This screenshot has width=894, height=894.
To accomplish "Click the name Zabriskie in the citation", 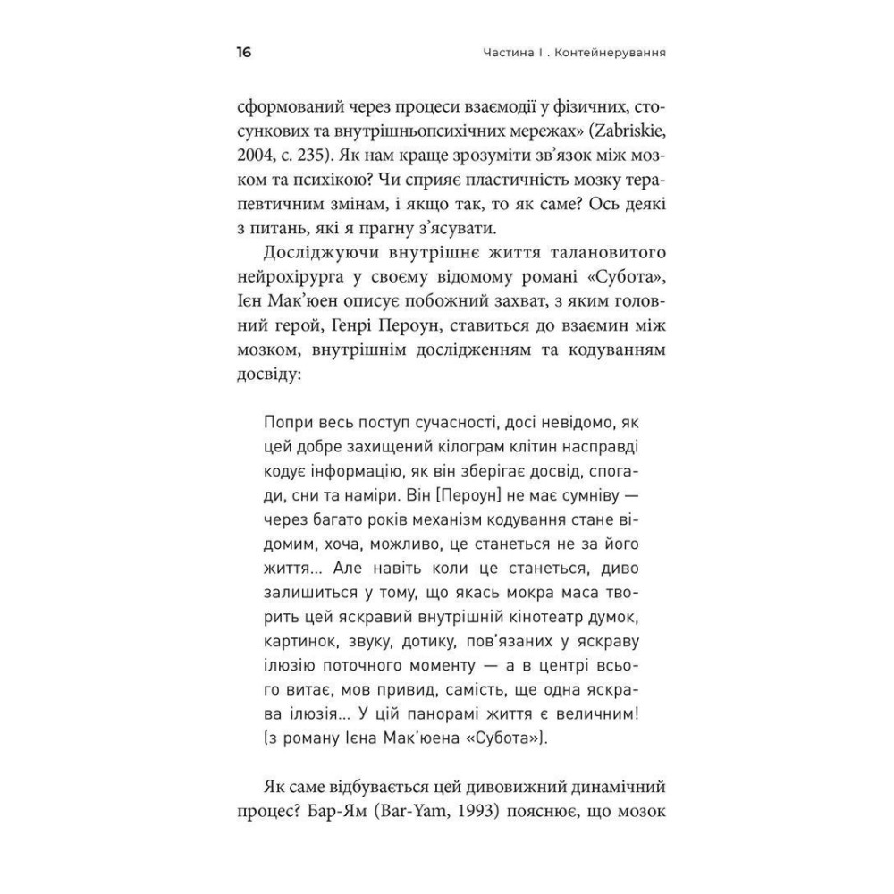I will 619,131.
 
